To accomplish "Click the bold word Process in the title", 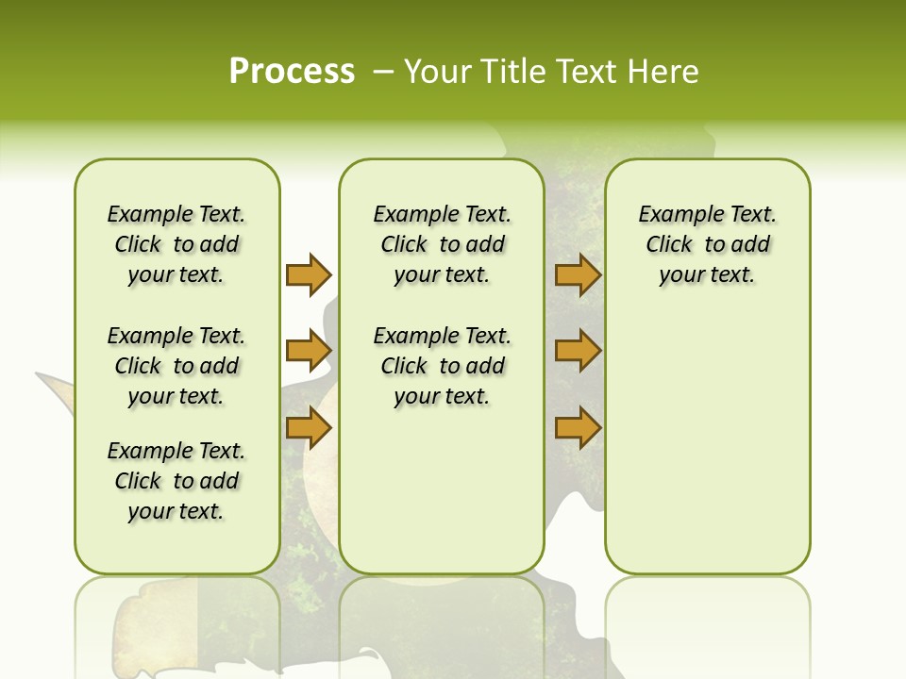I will (x=292, y=71).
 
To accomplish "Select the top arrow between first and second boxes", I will (x=309, y=274).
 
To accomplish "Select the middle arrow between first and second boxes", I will (x=309, y=352).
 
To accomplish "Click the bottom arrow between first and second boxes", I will (x=309, y=428).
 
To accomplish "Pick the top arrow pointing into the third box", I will (x=578, y=274).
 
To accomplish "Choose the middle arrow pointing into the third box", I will (x=578, y=352).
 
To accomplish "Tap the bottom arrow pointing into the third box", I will (x=578, y=428).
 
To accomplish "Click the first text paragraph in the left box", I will (x=176, y=244).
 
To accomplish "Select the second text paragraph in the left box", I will (x=176, y=366).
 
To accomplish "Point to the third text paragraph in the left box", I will (x=176, y=481).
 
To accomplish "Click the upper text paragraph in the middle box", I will (x=442, y=244).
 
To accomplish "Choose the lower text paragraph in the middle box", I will (x=442, y=366).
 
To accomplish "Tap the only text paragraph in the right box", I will (x=707, y=244).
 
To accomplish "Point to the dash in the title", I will (x=383, y=71).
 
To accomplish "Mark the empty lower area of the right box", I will (x=707, y=443).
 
